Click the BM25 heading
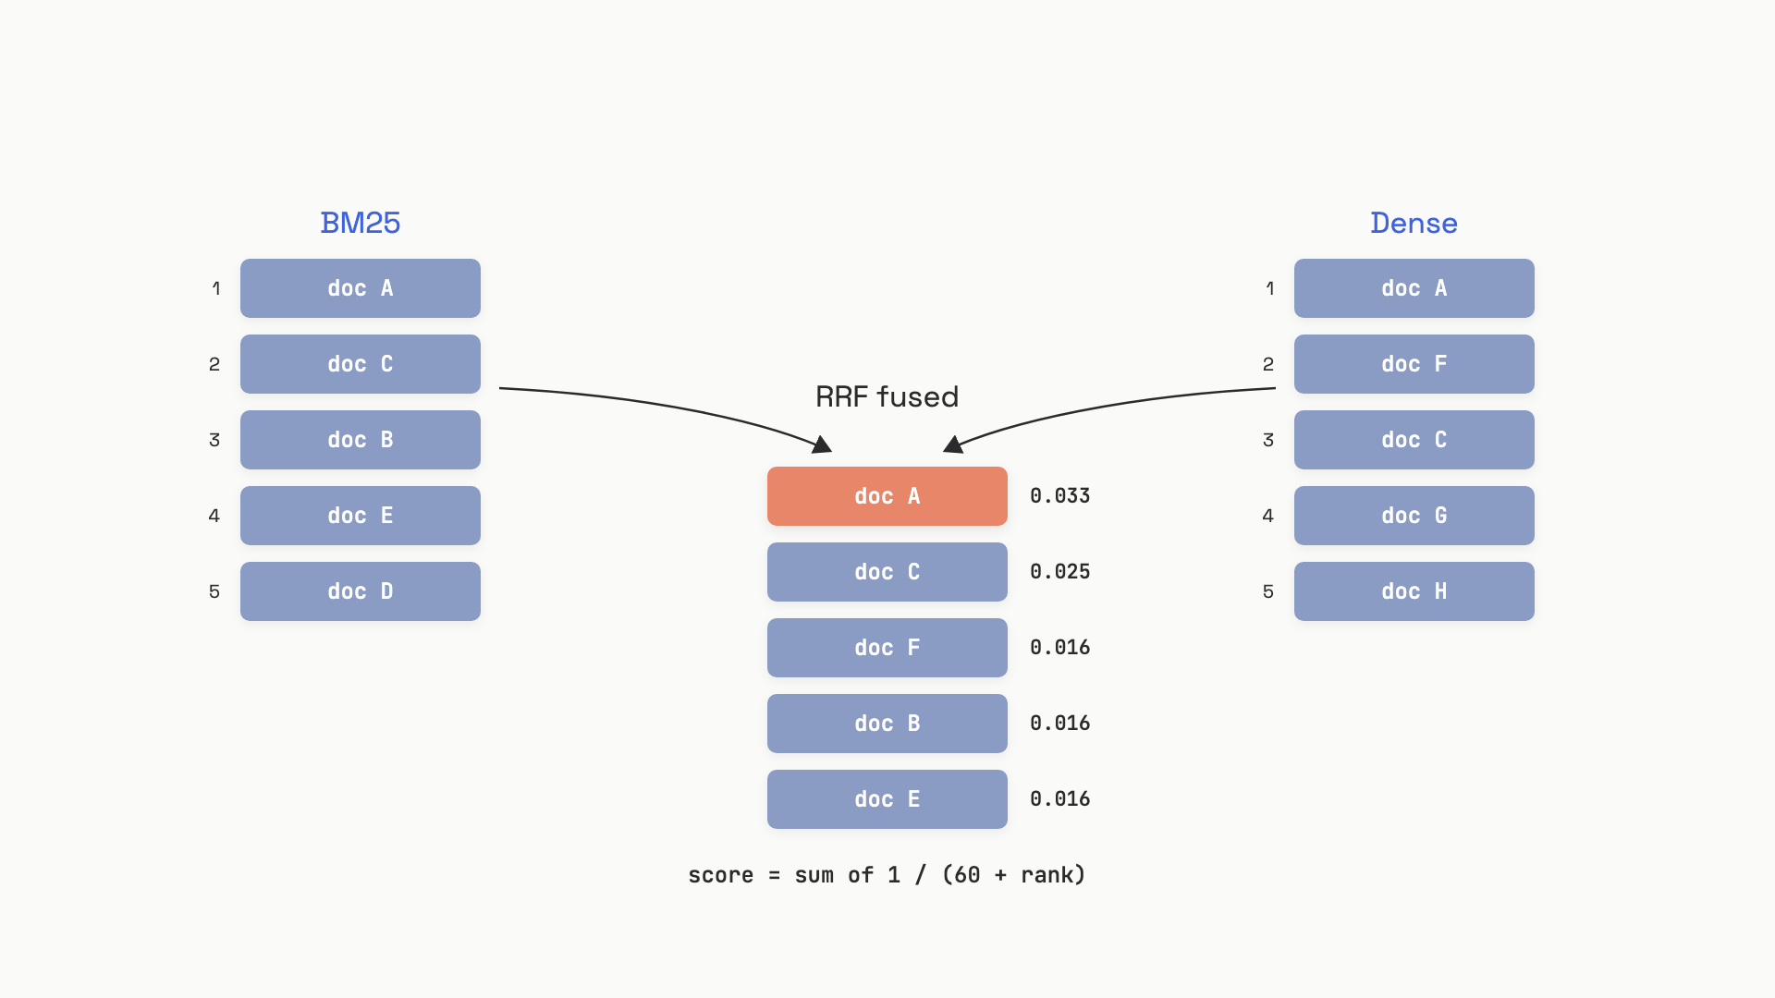point(360,223)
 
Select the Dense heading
point(1414,223)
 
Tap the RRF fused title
point(887,396)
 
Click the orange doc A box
point(887,496)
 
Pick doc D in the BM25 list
point(361,591)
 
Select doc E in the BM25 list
point(361,516)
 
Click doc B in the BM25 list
point(361,440)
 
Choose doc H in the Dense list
point(1414,591)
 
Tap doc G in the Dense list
point(1414,516)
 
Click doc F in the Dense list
point(1414,364)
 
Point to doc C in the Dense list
point(1414,440)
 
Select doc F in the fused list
point(887,648)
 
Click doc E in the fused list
point(887,799)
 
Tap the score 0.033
point(1060,496)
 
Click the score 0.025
point(1060,572)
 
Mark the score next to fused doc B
point(1060,724)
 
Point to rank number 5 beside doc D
point(214,591)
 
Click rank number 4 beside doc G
point(1268,516)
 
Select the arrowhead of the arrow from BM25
point(823,445)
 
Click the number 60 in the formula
point(967,875)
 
